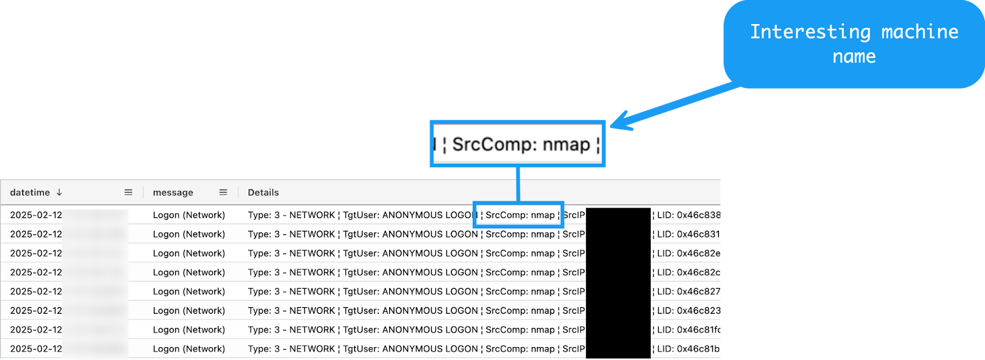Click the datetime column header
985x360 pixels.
tap(30, 193)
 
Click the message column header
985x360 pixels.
tap(173, 193)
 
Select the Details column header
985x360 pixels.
tap(263, 193)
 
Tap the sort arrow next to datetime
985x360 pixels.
tap(59, 193)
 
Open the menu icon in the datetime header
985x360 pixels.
tap(128, 193)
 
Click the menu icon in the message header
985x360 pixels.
tap(223, 193)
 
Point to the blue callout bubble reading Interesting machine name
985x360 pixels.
tap(854, 44)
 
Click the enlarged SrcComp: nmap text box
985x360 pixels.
tap(518, 144)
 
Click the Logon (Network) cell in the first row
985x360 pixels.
tap(189, 215)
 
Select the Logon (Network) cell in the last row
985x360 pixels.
tap(189, 349)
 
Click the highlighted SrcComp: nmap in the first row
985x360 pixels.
tap(520, 215)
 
